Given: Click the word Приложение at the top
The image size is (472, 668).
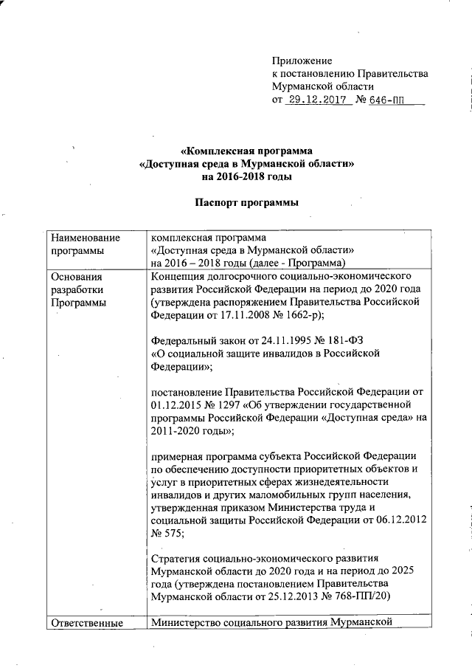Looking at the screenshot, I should (302, 60).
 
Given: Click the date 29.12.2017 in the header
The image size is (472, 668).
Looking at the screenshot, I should (318, 99).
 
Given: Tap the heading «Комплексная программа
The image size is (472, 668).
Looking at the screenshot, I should (247, 151).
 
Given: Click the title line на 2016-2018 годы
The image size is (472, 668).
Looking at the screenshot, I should (247, 177).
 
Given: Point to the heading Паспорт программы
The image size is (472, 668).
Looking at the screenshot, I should (247, 203).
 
